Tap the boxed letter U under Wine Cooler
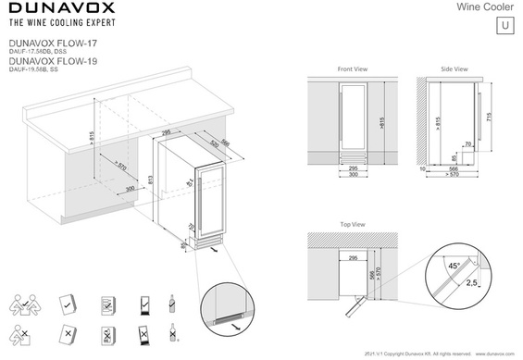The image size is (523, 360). pyautogui.click(x=504, y=24)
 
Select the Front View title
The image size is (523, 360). pyautogui.click(x=353, y=69)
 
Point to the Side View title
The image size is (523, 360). pyautogui.click(x=454, y=69)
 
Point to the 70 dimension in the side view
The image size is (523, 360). pyautogui.click(x=468, y=144)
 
